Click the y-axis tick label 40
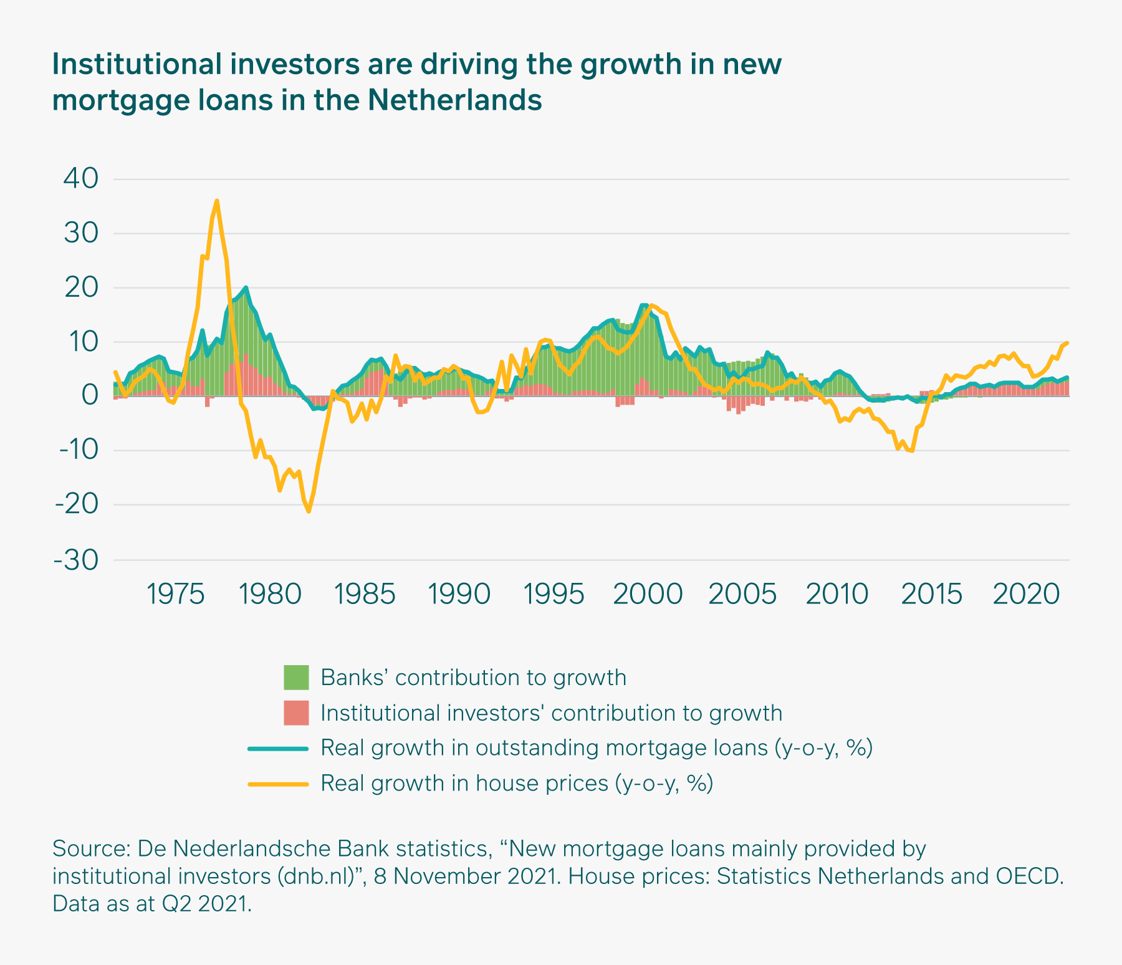(81, 179)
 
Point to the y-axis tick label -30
(77, 560)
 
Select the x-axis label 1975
(175, 595)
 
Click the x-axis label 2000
(647, 595)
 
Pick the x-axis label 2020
(1026, 595)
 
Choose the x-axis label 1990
(459, 595)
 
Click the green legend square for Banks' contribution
(296, 678)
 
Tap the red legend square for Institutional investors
(296, 713)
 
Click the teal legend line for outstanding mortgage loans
(278, 748)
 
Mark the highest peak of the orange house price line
(216, 201)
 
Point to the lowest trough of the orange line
(309, 512)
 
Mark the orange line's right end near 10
(1068, 342)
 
